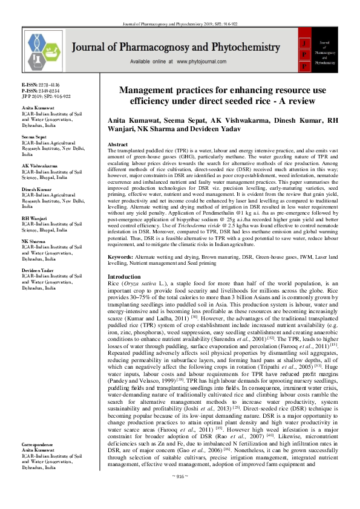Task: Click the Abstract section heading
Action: pos(117,145)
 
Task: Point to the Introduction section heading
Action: pos(123,276)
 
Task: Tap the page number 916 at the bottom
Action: pos(180,494)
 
